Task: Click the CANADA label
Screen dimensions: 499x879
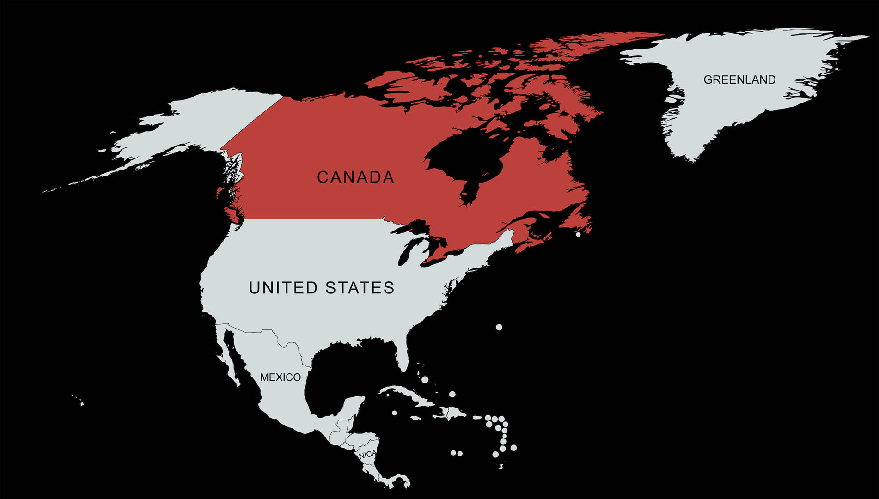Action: coord(355,177)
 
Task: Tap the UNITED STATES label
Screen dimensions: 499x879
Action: coord(322,288)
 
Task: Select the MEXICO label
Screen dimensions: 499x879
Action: coord(280,377)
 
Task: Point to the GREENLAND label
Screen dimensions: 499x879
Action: coord(739,80)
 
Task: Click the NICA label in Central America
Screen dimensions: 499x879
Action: coord(367,455)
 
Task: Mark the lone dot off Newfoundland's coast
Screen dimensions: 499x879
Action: coord(578,235)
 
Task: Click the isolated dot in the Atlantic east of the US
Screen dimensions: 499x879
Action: coord(499,327)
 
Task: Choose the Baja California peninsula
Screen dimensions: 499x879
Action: coord(230,356)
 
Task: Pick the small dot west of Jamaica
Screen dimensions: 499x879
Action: coord(394,413)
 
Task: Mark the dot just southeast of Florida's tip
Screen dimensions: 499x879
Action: coord(425,380)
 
